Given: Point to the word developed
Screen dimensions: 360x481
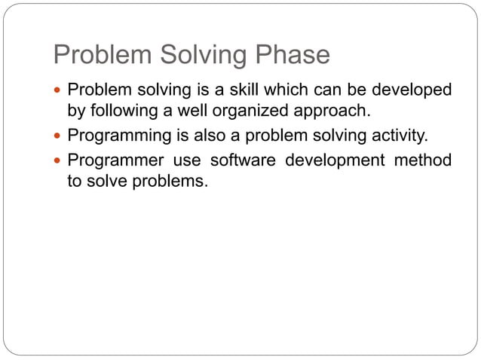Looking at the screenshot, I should pyautogui.click(x=410, y=90).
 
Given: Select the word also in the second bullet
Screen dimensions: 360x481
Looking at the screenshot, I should pyautogui.click(x=202, y=136).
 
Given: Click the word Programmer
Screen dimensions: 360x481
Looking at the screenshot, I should pyautogui.click(x=113, y=160).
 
